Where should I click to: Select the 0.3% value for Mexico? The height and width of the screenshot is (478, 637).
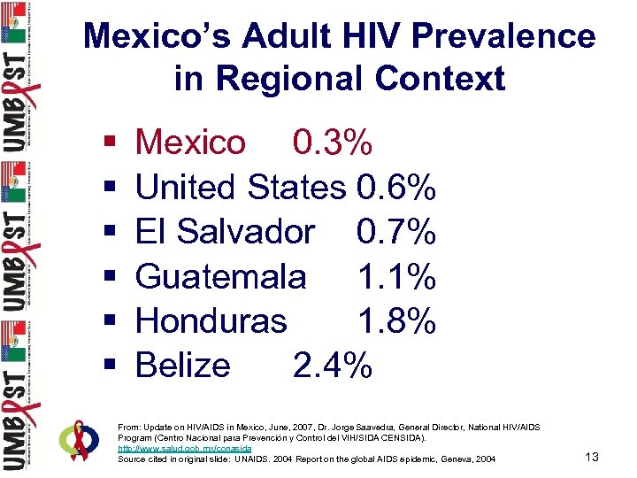tap(333, 142)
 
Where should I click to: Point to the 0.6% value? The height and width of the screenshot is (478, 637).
tap(395, 187)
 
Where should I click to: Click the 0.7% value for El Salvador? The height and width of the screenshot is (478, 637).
tap(395, 232)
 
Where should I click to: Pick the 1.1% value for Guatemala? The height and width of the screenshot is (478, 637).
tap(396, 276)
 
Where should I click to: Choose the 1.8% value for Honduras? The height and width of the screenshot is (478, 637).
tap(396, 320)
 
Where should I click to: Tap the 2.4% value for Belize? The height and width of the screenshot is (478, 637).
tap(333, 365)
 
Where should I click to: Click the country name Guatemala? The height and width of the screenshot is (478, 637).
tap(221, 276)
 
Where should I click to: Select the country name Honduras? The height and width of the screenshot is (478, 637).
tap(211, 320)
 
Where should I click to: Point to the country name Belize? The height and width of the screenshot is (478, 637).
tap(183, 365)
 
